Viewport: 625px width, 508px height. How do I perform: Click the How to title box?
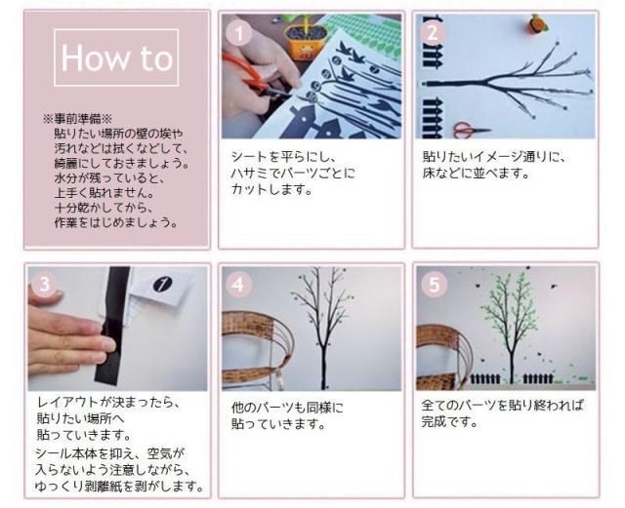click(x=117, y=59)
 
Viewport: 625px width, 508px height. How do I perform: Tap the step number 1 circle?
click(x=237, y=32)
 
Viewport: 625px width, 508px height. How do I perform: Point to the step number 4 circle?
click(x=239, y=285)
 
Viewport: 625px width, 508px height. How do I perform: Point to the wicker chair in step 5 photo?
click(x=439, y=351)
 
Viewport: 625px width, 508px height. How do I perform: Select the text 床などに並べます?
click(x=474, y=174)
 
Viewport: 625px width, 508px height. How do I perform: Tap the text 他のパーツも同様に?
click(x=288, y=407)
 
